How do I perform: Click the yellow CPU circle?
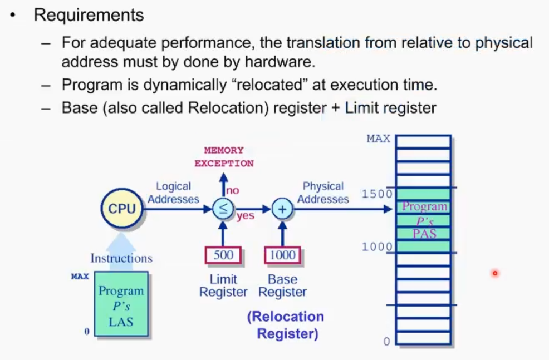click(x=122, y=209)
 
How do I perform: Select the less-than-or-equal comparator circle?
click(x=223, y=209)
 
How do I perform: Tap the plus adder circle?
click(x=282, y=209)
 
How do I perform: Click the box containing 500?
click(x=223, y=255)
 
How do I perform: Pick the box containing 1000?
click(x=282, y=255)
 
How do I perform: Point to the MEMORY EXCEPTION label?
click(x=224, y=157)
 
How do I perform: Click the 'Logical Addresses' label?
click(x=173, y=193)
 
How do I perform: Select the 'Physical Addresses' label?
click(x=323, y=193)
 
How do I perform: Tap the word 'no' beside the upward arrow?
click(x=233, y=190)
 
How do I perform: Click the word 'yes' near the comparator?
click(x=245, y=216)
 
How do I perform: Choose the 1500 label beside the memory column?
click(x=377, y=194)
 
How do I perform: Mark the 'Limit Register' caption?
click(x=223, y=285)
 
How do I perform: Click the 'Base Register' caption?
click(x=282, y=285)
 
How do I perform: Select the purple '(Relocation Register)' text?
click(x=286, y=325)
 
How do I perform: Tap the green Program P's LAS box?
click(x=121, y=304)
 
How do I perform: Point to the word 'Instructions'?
click(x=121, y=258)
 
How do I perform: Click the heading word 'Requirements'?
click(x=89, y=15)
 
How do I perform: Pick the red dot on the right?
click(x=494, y=273)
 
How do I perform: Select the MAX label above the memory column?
click(x=379, y=139)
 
